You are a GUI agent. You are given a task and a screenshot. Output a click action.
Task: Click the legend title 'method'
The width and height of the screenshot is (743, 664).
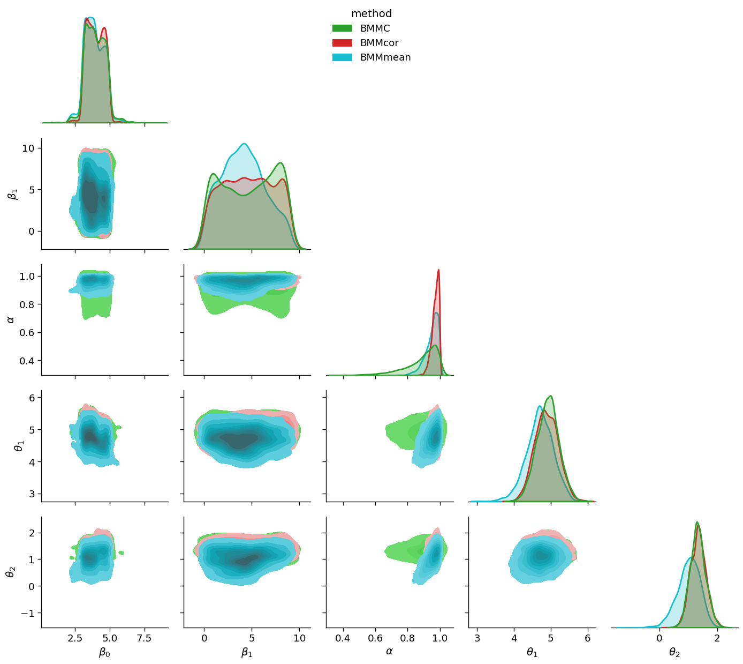[x=371, y=14]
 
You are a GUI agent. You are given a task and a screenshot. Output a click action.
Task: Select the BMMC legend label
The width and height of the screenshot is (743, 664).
[x=375, y=28]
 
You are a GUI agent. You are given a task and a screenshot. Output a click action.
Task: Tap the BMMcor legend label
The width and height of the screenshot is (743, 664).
[x=379, y=43]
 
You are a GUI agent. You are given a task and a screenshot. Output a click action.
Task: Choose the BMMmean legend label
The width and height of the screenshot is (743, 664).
[x=385, y=57]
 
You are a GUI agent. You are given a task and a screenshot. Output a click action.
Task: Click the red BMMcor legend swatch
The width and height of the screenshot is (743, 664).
[x=342, y=43]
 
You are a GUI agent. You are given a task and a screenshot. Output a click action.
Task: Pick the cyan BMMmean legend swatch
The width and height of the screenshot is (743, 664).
[x=342, y=57]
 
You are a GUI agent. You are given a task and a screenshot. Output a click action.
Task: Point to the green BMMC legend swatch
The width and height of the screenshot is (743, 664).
[x=342, y=28]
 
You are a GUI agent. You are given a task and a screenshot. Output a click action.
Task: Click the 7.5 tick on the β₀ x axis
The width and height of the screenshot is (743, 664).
[x=144, y=638]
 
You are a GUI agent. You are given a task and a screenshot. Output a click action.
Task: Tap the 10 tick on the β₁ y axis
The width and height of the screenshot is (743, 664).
[x=29, y=148]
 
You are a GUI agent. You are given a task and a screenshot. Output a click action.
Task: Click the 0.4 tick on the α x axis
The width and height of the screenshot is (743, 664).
[x=343, y=638]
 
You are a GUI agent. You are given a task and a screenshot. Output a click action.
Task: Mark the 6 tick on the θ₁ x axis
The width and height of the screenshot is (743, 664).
[x=588, y=638]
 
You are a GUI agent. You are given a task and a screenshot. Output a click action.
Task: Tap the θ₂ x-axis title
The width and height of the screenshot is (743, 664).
[x=674, y=652]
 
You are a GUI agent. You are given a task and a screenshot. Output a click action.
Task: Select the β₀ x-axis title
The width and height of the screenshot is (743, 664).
[x=104, y=652]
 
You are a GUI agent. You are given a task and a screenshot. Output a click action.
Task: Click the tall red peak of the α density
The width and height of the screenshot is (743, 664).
[x=438, y=270]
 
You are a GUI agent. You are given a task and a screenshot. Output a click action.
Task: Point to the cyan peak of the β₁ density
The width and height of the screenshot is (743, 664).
[x=244, y=144]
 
